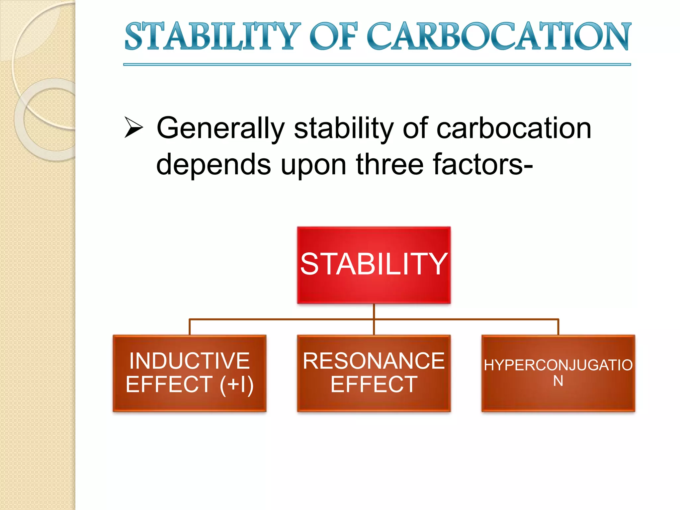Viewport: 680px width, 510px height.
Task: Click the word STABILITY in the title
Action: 212,37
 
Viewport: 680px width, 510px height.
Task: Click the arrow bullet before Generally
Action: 133,127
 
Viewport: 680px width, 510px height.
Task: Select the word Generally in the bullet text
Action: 220,129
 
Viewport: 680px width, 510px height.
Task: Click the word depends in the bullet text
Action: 213,165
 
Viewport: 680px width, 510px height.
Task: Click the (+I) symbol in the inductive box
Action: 236,384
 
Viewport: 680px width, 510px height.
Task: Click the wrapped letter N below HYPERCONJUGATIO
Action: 558,381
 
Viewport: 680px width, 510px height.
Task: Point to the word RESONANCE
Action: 374,361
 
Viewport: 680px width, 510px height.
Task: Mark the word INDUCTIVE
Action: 190,361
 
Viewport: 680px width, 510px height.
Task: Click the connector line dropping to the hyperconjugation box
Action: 558,327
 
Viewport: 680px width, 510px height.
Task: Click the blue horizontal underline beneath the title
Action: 377,65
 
